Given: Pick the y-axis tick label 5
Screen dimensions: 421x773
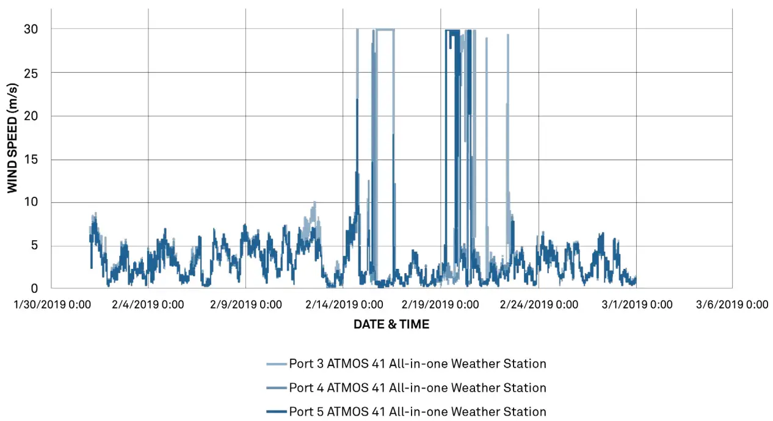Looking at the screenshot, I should tap(35, 246).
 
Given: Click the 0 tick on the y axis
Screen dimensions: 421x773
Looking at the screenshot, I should tap(35, 288).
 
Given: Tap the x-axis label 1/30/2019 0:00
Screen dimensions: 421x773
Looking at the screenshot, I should tap(51, 304).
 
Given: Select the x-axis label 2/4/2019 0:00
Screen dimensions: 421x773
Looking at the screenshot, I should tap(148, 304).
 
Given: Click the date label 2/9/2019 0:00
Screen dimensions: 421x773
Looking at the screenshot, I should tap(245, 304).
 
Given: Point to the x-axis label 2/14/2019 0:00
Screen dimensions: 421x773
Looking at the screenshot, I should tap(343, 304).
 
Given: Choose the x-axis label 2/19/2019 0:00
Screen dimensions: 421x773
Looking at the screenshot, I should tap(441, 304).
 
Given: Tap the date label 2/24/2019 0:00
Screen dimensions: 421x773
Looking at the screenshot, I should tap(539, 304).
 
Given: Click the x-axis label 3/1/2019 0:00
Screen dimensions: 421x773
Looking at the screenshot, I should tap(636, 304).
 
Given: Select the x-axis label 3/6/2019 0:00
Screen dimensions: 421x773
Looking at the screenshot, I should tap(733, 304).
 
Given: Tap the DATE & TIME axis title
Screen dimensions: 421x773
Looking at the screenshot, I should tap(391, 324).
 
